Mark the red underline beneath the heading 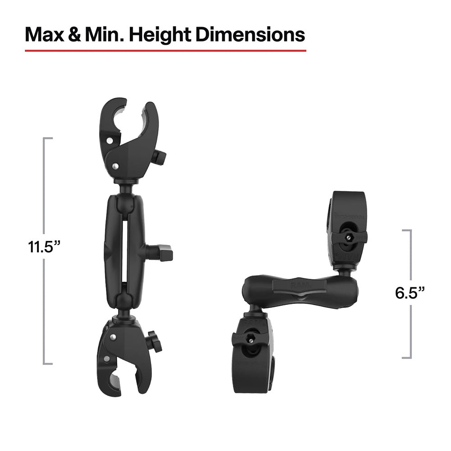coord(165,51)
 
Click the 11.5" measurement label coord(44,247)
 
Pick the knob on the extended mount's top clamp coord(159,157)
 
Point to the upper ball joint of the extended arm coord(122,202)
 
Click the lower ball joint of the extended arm coord(122,301)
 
